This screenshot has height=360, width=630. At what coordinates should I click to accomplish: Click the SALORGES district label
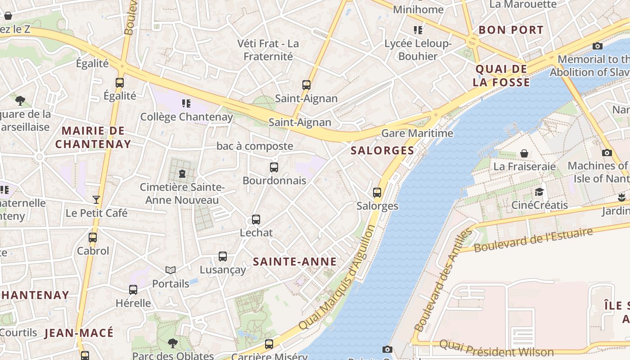click(382, 150)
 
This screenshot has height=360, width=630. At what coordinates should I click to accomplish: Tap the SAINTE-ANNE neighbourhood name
click(295, 261)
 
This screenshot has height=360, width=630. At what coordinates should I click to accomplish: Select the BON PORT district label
click(511, 30)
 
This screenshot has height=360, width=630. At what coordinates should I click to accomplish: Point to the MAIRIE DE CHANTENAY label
click(93, 138)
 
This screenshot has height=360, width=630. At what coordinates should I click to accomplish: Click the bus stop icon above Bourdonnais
click(274, 167)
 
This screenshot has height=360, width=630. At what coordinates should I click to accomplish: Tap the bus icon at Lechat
click(256, 220)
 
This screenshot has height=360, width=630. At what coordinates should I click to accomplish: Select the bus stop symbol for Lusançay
click(223, 256)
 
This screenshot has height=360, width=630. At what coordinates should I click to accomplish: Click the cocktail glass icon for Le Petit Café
click(96, 199)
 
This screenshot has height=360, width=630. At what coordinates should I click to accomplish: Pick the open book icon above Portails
click(171, 270)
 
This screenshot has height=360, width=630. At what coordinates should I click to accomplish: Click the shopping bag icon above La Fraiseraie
click(524, 153)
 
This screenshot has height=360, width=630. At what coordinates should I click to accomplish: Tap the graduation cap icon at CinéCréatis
click(539, 192)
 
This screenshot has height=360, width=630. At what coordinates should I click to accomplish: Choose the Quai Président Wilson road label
click(496, 348)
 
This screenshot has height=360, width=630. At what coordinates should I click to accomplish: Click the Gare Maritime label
click(417, 133)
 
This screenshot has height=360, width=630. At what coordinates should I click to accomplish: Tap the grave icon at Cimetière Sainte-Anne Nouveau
click(182, 173)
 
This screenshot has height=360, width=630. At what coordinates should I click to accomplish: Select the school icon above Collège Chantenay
click(186, 103)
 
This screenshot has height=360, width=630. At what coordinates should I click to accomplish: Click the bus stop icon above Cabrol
click(93, 237)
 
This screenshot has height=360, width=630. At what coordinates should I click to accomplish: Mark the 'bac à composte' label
click(255, 146)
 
